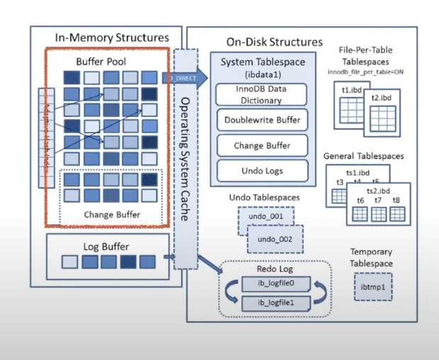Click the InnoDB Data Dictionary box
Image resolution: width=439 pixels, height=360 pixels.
click(261, 94)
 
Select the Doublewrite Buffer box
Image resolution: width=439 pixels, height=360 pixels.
click(261, 120)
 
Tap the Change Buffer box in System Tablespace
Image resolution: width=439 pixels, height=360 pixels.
click(261, 145)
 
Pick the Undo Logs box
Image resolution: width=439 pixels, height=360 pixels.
click(261, 171)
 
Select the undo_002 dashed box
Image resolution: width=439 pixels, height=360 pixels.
click(274, 239)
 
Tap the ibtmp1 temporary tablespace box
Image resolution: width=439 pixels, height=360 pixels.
click(372, 288)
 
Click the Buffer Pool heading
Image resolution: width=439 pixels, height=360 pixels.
click(101, 62)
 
